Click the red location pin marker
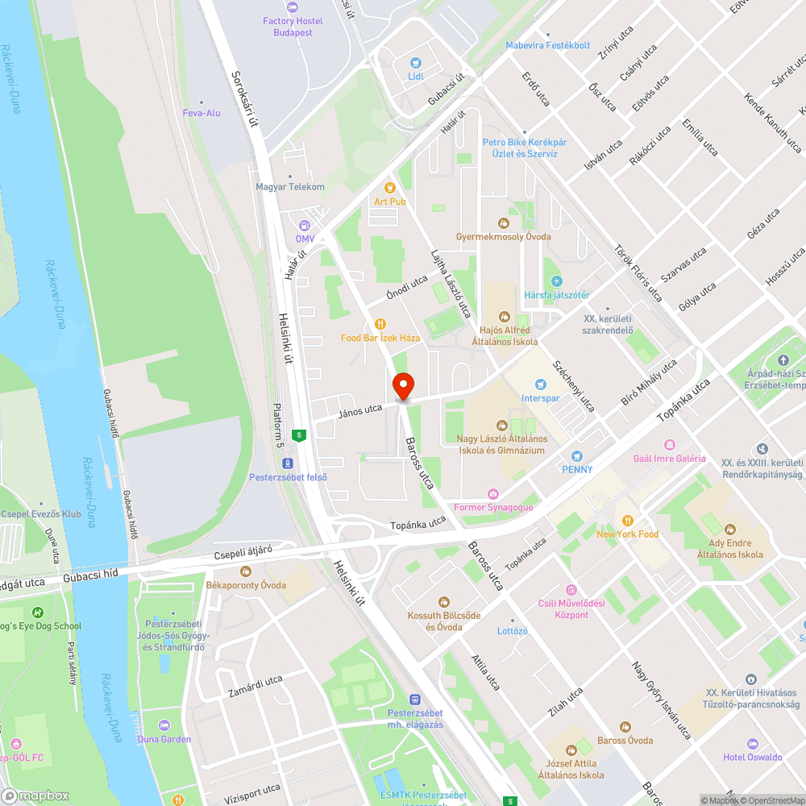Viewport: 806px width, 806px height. (x=402, y=386)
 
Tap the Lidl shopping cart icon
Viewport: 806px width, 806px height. (x=416, y=62)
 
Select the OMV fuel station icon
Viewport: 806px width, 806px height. (x=304, y=226)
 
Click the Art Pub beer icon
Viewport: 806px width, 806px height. (x=390, y=188)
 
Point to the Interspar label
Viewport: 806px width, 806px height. (x=540, y=398)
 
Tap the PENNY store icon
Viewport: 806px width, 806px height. (x=577, y=456)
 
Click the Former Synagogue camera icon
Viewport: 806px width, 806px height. (x=493, y=494)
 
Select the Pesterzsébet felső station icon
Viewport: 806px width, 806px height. (x=287, y=463)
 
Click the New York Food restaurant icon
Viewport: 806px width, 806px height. (x=627, y=521)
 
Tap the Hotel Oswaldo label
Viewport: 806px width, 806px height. (x=753, y=757)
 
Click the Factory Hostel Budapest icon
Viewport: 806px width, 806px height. (x=288, y=6)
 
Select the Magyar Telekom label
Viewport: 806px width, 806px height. (x=290, y=187)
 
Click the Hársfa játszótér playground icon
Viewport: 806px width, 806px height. (x=556, y=281)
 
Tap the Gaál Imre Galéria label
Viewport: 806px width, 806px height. (x=670, y=459)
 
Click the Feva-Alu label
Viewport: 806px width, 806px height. (x=201, y=113)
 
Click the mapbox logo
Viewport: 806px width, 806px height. (x=35, y=796)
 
